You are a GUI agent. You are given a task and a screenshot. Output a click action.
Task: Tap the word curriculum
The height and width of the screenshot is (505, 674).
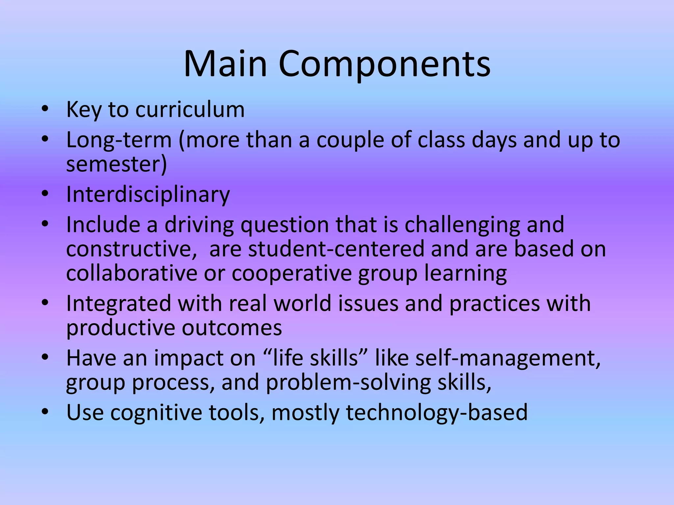point(190,109)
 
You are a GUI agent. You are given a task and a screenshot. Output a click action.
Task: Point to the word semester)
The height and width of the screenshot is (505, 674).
point(117,164)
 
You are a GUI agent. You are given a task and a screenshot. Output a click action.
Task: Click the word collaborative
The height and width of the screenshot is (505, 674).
point(131,273)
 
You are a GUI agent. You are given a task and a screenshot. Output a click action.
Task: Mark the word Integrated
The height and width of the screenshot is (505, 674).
point(118,304)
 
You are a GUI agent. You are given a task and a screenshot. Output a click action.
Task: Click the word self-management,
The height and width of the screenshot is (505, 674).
point(508,358)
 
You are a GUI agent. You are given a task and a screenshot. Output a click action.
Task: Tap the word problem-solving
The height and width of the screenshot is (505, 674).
point(348,383)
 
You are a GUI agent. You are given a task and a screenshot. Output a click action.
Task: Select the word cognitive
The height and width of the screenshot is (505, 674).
point(156,413)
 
